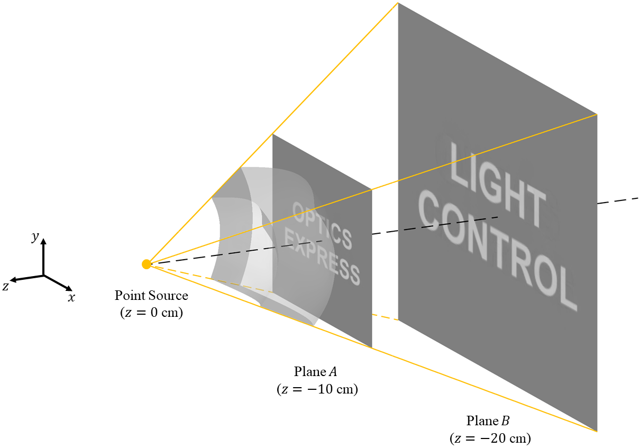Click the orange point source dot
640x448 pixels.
coord(147,264)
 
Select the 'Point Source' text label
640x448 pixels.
coord(151,296)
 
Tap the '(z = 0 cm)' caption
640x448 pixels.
coord(151,313)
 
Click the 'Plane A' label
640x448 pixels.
coord(317,371)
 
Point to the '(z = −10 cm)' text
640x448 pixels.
coord(317,389)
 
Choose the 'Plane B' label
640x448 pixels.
coord(488,421)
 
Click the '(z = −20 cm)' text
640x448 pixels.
coord(490,438)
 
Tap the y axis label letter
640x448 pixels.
coord(35,237)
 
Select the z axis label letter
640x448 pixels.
coord(5,286)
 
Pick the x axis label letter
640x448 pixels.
coord(71,298)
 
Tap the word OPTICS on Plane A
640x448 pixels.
coord(322,226)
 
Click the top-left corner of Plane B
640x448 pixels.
coord(398,3)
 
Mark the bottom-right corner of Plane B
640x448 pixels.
coord(597,432)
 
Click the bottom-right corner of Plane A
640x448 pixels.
coord(372,348)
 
